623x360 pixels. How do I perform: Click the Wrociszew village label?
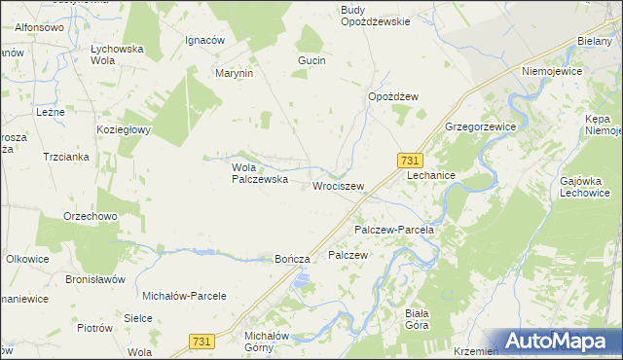[x=338, y=186]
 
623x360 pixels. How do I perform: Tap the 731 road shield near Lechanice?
[x=410, y=161]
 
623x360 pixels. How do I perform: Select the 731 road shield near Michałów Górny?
[x=201, y=341]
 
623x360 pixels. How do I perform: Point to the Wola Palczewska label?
[x=258, y=172]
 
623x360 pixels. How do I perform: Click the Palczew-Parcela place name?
[x=393, y=230]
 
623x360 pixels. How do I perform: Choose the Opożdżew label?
[x=392, y=96]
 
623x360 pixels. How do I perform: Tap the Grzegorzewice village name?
[x=480, y=127]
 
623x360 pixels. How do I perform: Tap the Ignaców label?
[x=205, y=41]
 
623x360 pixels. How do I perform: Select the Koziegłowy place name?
[x=122, y=129]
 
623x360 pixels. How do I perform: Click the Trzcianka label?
[x=65, y=157]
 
